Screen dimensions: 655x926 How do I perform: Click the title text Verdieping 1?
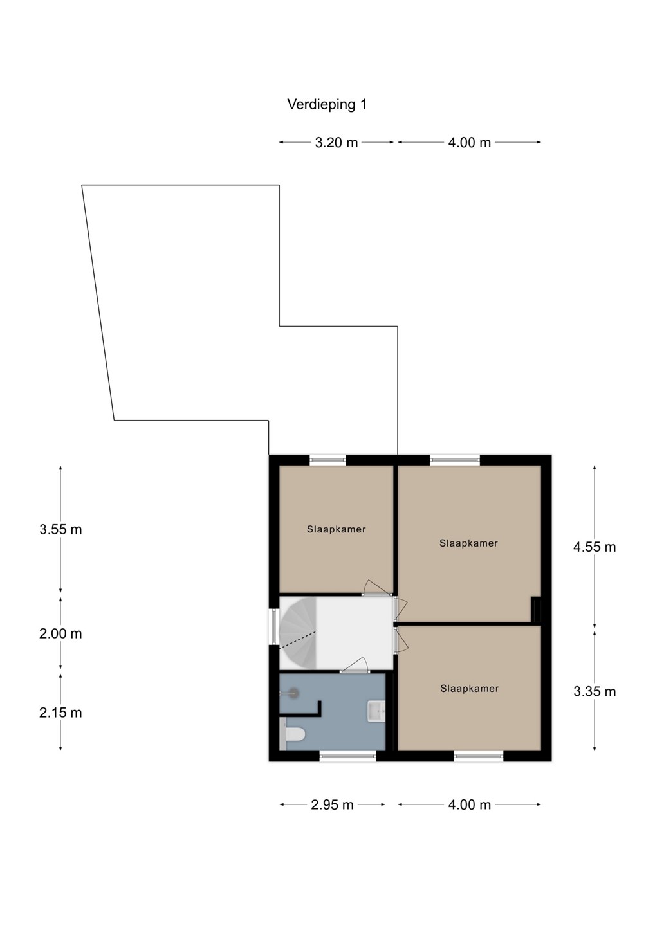coord(327,105)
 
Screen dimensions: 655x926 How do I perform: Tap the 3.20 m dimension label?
coord(336,143)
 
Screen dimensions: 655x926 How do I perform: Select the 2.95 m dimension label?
coord(332,805)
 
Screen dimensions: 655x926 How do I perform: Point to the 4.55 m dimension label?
coord(595,547)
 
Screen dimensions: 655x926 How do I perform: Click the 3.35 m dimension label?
coord(595,692)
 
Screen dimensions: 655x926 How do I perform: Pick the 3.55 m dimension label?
coord(60,530)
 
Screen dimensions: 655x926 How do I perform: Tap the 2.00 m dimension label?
coord(60,634)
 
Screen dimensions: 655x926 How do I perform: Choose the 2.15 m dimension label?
coord(60,713)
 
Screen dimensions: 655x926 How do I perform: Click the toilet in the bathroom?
coord(293,734)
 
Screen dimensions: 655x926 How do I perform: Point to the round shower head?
coord(293,693)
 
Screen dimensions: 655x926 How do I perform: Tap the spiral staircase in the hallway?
coord(298,632)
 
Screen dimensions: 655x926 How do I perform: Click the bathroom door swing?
coord(355,664)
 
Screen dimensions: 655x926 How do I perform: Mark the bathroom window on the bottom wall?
coord(347,756)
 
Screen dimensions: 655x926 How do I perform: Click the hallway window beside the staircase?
coord(274,627)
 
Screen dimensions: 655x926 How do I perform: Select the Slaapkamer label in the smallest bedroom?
coord(336,529)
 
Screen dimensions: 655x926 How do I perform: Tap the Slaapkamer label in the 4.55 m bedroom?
coord(468,543)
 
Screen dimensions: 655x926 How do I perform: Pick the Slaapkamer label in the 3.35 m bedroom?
coord(469,688)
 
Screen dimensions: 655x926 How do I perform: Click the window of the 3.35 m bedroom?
coord(479,756)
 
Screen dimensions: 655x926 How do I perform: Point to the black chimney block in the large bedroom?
coord(536,610)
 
